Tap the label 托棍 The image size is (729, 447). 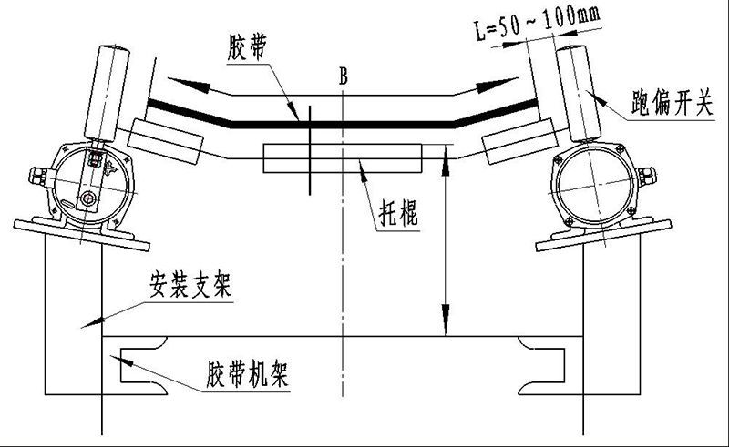[x=398, y=216]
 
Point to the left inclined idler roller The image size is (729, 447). [x=166, y=138]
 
